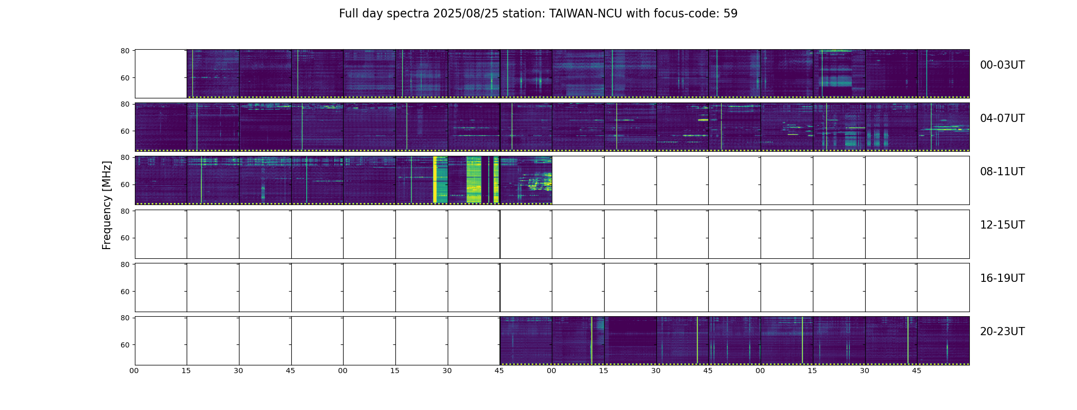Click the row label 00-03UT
1002,65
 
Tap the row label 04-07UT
1002,118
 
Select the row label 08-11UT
1002,172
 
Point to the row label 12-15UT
1002,225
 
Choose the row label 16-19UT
1002,278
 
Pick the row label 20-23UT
1002,332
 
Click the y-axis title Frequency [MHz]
107,205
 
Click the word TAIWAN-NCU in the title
586,14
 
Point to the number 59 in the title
730,14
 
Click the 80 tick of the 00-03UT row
125,51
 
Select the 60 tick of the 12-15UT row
125,238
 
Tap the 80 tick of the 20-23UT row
125,318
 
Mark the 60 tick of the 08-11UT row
125,184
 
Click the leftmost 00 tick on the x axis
134,371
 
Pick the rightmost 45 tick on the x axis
917,371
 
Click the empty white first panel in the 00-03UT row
161,74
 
